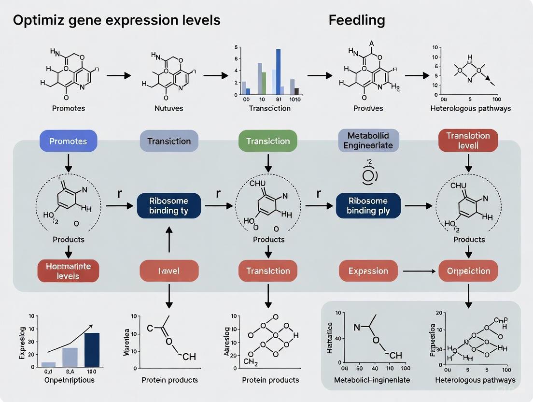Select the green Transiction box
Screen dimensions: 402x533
click(x=268, y=141)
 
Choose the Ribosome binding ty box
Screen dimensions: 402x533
click(x=168, y=205)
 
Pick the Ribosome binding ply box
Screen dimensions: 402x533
click(x=368, y=205)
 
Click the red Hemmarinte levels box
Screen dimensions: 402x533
click(x=68, y=271)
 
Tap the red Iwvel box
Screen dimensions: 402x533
click(x=169, y=271)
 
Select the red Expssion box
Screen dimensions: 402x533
click(x=368, y=271)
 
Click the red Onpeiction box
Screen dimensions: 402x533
click(x=468, y=271)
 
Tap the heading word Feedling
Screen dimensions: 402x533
click(x=357, y=21)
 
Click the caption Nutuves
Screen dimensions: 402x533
click(x=169, y=108)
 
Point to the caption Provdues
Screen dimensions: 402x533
click(x=368, y=108)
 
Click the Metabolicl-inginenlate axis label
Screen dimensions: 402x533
click(x=372, y=380)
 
